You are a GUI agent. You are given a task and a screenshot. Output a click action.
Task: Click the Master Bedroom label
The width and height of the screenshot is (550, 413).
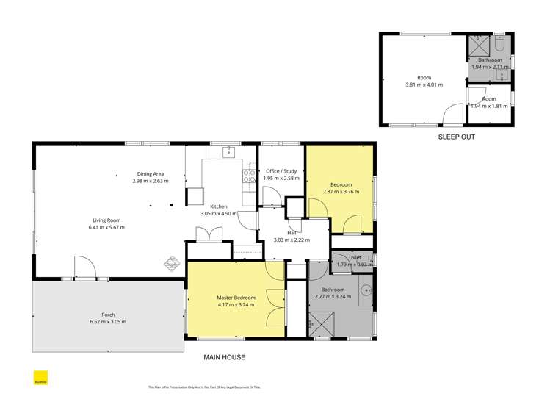(236, 298)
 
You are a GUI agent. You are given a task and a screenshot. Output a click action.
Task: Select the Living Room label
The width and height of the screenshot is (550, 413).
(106, 220)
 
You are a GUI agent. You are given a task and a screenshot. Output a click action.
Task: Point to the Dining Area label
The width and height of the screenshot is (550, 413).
(150, 173)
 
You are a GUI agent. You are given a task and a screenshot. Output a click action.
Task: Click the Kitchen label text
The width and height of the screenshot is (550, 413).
(219, 206)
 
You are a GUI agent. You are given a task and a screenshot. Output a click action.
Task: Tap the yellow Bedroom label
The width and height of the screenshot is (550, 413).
(341, 184)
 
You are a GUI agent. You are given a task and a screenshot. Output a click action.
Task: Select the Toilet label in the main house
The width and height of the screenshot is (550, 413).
(355, 257)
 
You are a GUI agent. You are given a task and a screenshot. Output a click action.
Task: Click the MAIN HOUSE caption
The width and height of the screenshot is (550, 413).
(224, 358)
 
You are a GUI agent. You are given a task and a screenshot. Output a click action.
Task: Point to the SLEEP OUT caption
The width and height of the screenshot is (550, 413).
(456, 137)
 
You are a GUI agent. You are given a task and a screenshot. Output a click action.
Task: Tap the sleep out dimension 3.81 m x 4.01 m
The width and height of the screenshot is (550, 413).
(424, 85)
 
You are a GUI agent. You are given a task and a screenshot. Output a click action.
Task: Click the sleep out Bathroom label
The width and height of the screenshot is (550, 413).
(489, 60)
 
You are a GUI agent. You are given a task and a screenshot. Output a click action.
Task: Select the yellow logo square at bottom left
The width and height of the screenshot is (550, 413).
(41, 380)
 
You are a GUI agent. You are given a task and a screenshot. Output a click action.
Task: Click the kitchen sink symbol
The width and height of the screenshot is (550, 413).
(228, 152)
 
